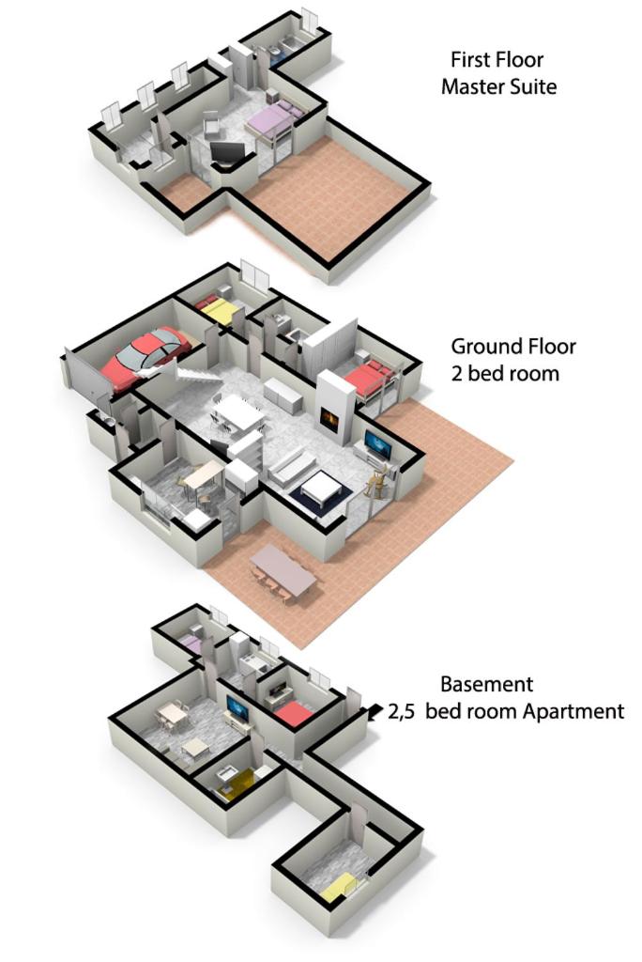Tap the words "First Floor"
(497, 59)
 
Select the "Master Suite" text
(498, 86)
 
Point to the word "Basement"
(487, 684)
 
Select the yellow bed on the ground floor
(217, 310)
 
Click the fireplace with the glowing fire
(330, 420)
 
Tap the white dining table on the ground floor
(238, 412)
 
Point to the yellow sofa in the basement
(236, 784)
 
